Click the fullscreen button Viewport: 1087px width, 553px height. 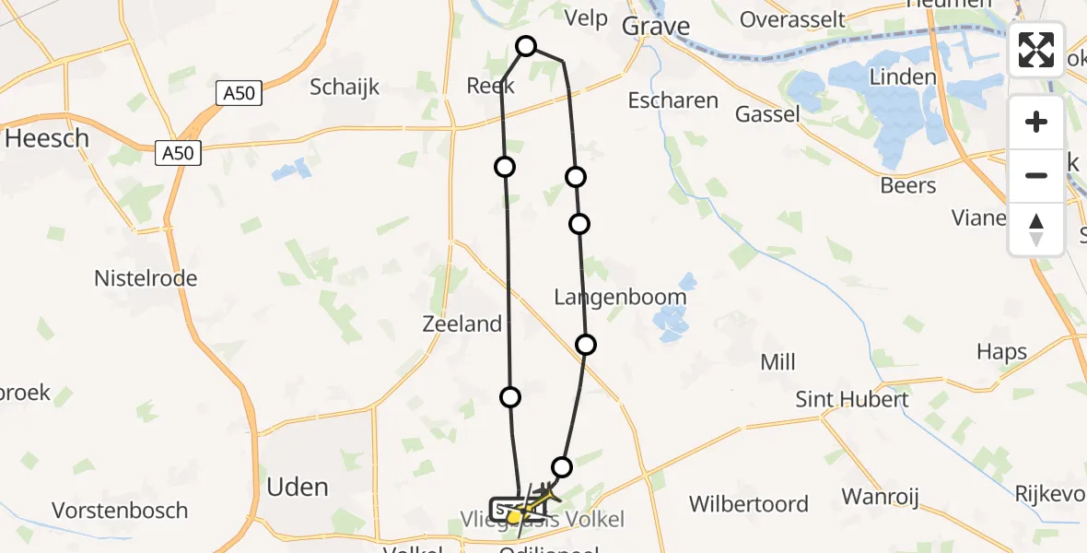click(x=1036, y=50)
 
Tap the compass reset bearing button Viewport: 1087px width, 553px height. click(x=1036, y=229)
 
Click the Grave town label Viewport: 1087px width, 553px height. click(x=656, y=26)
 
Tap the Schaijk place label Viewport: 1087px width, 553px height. click(x=345, y=88)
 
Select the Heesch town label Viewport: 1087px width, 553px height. click(x=47, y=138)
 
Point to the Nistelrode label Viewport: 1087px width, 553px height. click(x=146, y=277)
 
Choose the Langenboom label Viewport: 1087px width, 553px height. click(x=620, y=297)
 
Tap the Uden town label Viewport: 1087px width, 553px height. click(x=297, y=487)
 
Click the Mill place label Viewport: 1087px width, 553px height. click(x=777, y=362)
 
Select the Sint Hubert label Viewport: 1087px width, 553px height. click(x=852, y=399)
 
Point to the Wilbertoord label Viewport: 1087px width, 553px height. click(x=749, y=504)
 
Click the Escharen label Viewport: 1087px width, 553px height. click(x=672, y=100)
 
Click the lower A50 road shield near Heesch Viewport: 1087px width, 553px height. click(x=177, y=153)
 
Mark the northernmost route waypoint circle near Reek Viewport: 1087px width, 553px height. click(x=526, y=46)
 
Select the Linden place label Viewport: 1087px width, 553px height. click(x=903, y=76)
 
